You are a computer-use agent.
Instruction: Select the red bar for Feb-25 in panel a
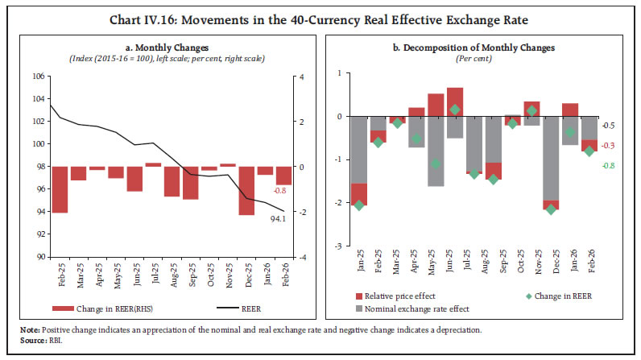pos(59,189)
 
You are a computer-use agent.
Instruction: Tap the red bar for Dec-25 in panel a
pos(246,191)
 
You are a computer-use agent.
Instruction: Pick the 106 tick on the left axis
pos(37,77)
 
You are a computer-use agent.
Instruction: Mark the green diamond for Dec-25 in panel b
pos(550,209)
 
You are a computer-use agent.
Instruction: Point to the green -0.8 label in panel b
pos(609,166)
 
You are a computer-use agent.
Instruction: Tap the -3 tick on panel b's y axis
pos(337,246)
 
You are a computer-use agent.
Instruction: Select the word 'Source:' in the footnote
pos(33,339)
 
